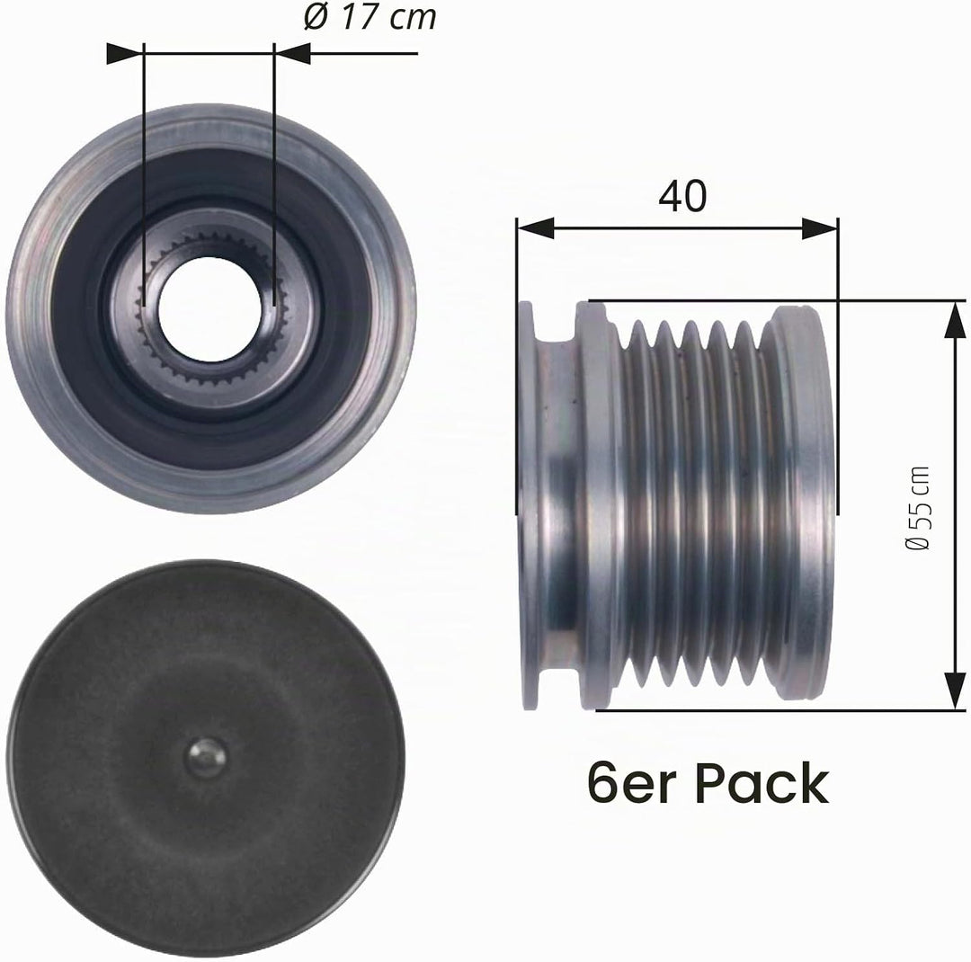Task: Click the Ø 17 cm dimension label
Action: coord(370,17)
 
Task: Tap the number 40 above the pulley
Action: coord(681,196)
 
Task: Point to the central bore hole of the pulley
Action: coord(209,309)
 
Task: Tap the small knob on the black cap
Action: coord(208,757)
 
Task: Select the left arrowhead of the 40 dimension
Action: coord(535,228)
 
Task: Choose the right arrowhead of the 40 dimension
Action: coord(820,228)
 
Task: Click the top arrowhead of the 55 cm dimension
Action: coord(955,320)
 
